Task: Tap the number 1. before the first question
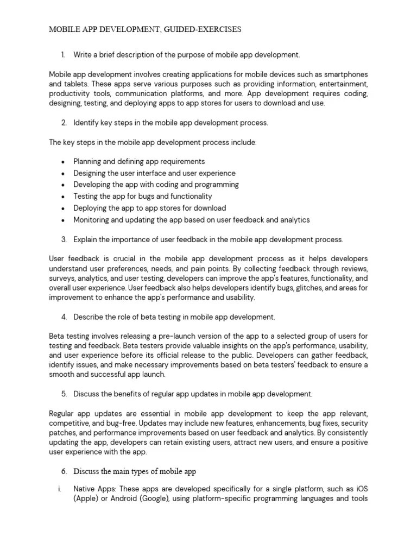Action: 63,55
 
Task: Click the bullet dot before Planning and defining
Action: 63,162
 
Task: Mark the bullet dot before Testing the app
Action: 63,197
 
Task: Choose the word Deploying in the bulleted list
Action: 91,208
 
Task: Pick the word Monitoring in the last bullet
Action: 92,220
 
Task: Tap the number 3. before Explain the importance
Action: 64,239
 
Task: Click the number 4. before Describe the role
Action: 64,317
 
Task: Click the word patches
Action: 62,433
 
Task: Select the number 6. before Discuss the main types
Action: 64,470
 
